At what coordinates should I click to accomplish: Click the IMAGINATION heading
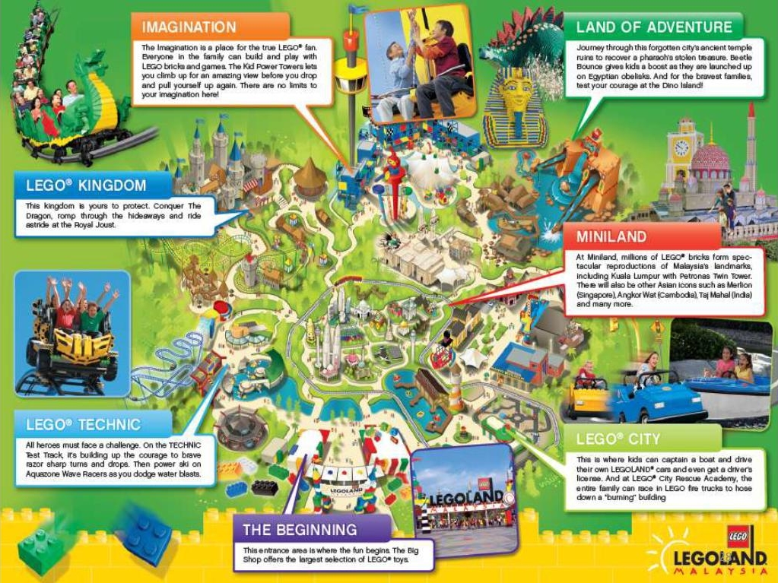pyautogui.click(x=189, y=27)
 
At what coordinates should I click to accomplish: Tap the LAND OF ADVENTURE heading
pyautogui.click(x=653, y=27)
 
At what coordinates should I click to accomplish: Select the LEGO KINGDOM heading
pyautogui.click(x=86, y=185)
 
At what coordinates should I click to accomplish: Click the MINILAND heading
pyautogui.click(x=611, y=236)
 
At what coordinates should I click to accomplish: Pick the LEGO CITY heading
pyautogui.click(x=618, y=439)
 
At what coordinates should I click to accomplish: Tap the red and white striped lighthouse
pyautogui.click(x=455, y=388)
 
